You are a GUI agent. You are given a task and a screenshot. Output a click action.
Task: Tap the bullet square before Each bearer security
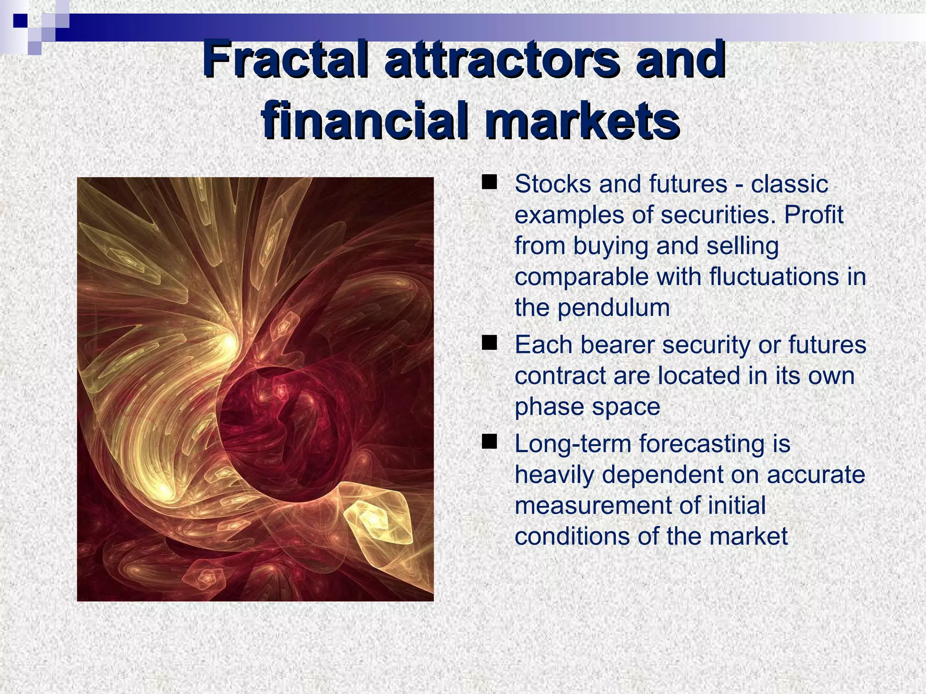(x=489, y=343)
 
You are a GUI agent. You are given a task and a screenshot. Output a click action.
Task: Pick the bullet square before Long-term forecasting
(x=489, y=441)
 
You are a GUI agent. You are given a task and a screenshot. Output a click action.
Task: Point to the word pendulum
(x=613, y=308)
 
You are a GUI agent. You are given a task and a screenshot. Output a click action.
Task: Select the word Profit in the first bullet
(x=813, y=215)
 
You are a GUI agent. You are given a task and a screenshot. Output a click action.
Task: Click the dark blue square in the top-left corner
(x=20, y=20)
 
